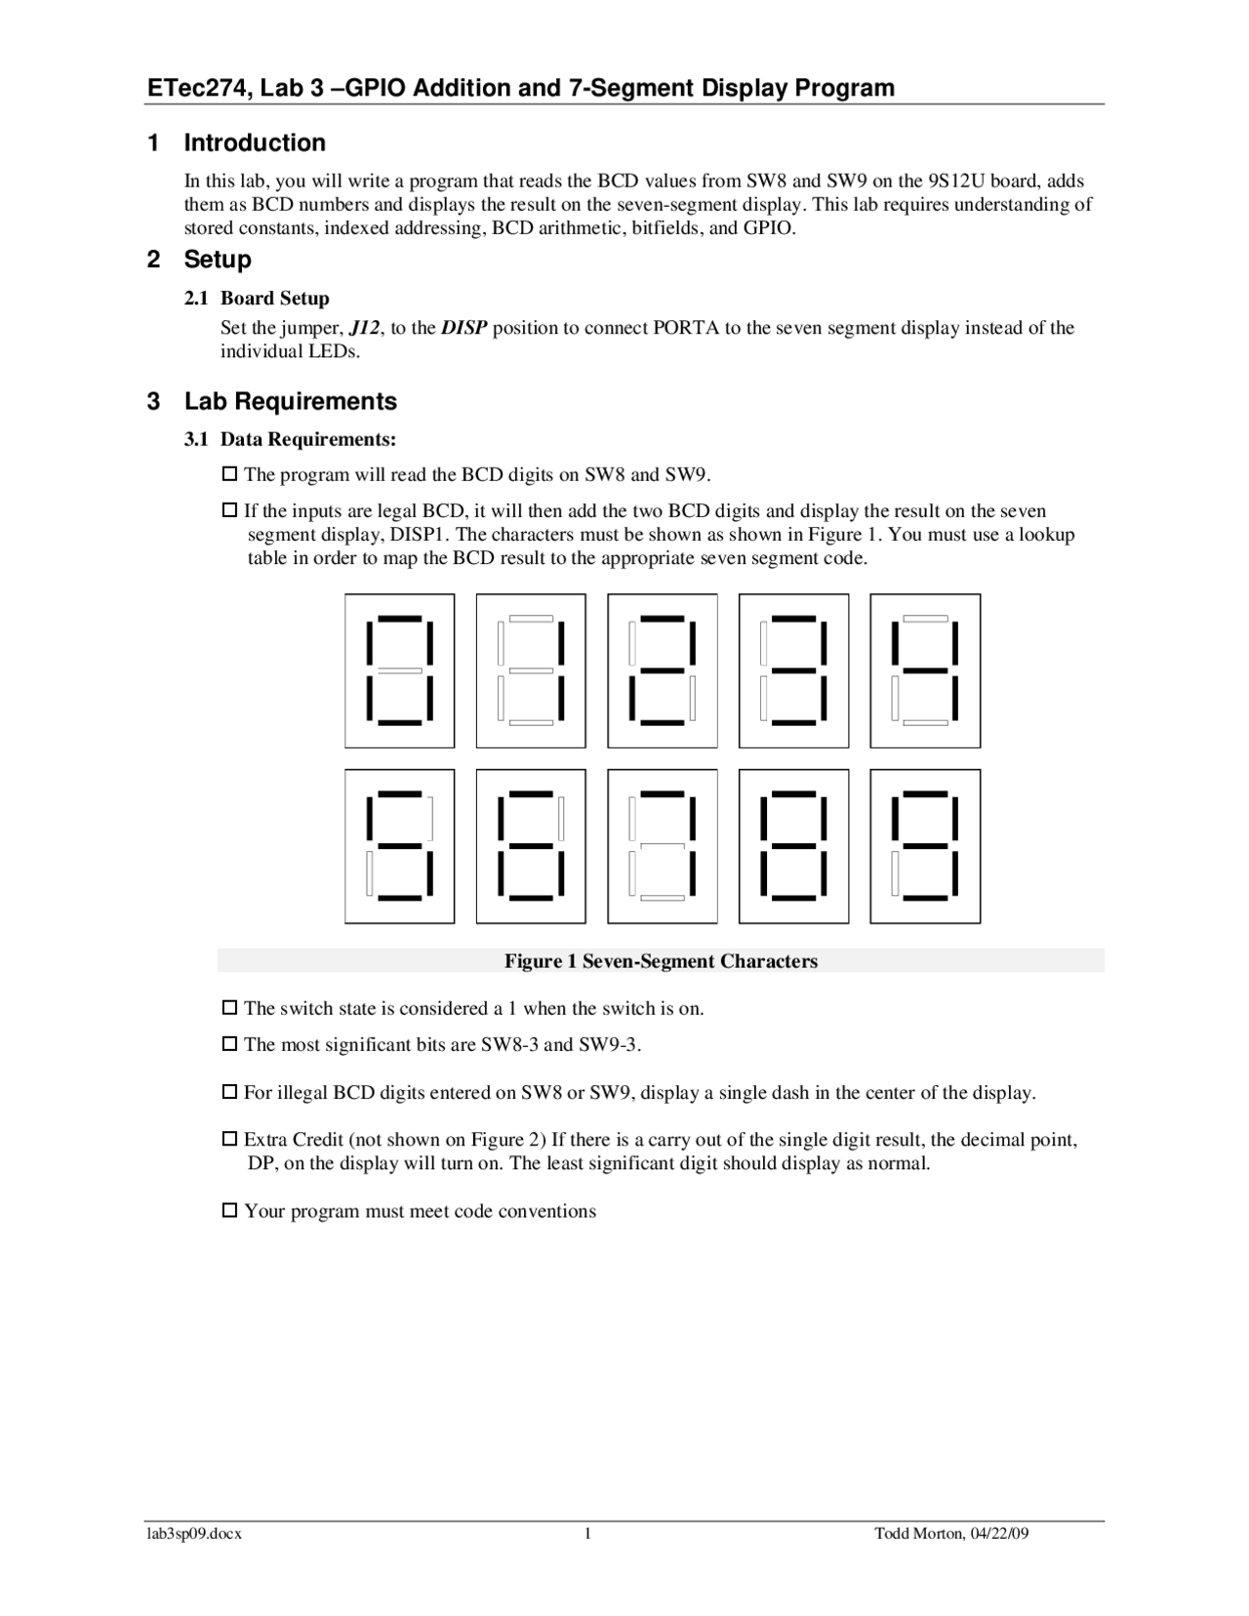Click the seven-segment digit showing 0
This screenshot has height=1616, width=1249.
399,670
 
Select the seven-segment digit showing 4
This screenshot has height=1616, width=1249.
924,670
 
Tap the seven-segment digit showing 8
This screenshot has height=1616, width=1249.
793,846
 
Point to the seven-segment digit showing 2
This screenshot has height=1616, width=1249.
663,670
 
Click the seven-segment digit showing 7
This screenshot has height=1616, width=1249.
663,846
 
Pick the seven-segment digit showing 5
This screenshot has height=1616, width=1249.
399,846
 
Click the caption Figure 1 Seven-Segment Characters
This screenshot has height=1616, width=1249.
661,961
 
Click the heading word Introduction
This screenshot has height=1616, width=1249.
255,142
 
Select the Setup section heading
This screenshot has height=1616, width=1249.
218,260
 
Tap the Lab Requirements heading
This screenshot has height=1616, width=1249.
290,401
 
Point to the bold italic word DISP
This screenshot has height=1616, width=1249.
463,328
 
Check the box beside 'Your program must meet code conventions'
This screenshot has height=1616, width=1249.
230,1210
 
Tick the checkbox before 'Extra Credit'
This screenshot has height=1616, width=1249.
230,1139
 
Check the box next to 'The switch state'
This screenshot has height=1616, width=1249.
230,1007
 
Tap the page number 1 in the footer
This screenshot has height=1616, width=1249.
588,1534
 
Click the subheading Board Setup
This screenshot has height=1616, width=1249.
274,299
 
